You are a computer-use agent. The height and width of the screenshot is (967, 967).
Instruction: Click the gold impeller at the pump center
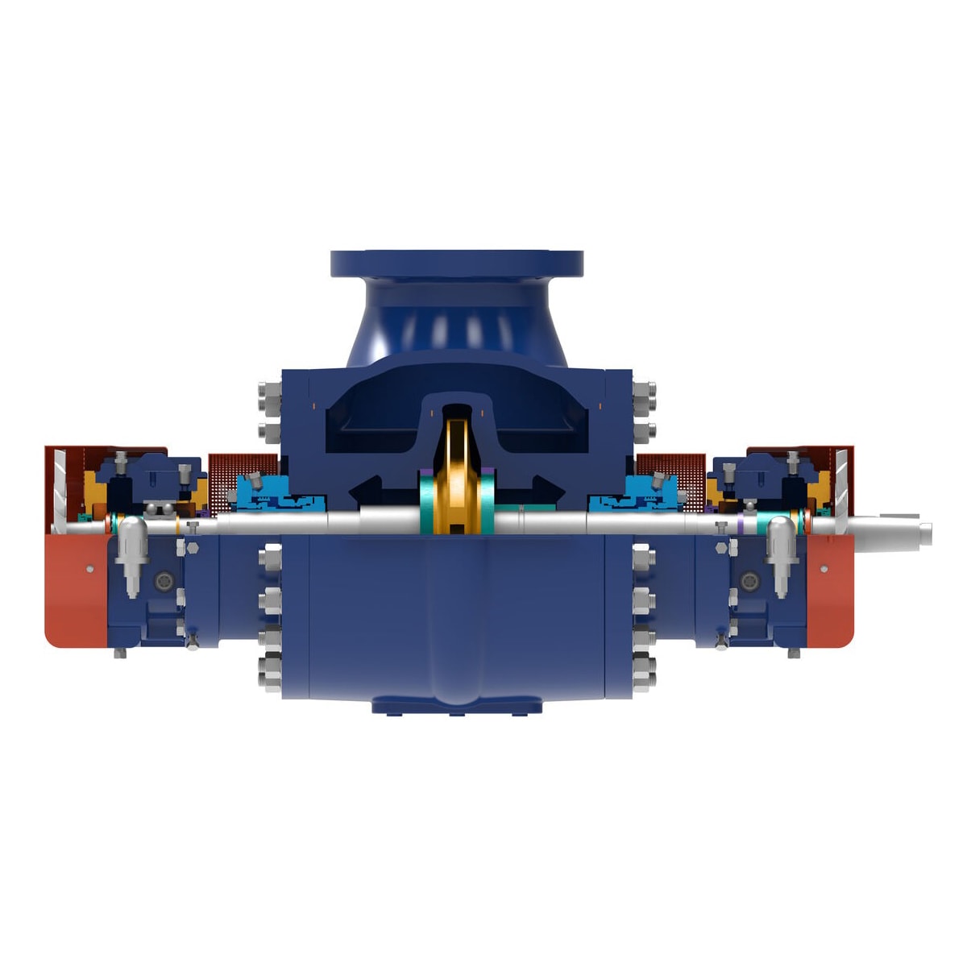pyautogui.click(x=455, y=475)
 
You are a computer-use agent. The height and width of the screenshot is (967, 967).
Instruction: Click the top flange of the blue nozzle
pyautogui.click(x=456, y=264)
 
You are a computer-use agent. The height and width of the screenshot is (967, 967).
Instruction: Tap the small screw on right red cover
pyautogui.click(x=824, y=569)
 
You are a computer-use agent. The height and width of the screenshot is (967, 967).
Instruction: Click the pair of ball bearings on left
pyautogui.click(x=158, y=508)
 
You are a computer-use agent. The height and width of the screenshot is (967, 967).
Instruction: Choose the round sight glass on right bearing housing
pyautogui.click(x=750, y=579)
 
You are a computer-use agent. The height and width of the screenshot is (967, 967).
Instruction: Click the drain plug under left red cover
pyautogui.click(x=120, y=654)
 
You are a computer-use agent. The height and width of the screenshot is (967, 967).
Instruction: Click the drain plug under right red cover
pyautogui.click(x=794, y=654)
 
